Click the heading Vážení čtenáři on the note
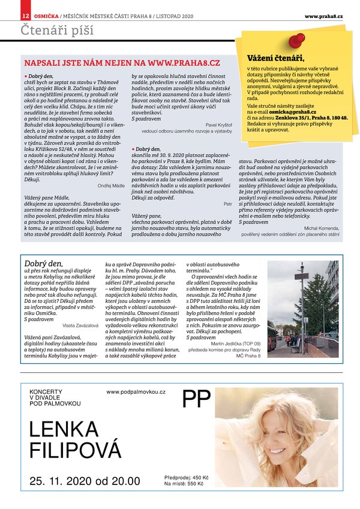coord(275,58)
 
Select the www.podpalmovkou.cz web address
coord(136,391)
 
